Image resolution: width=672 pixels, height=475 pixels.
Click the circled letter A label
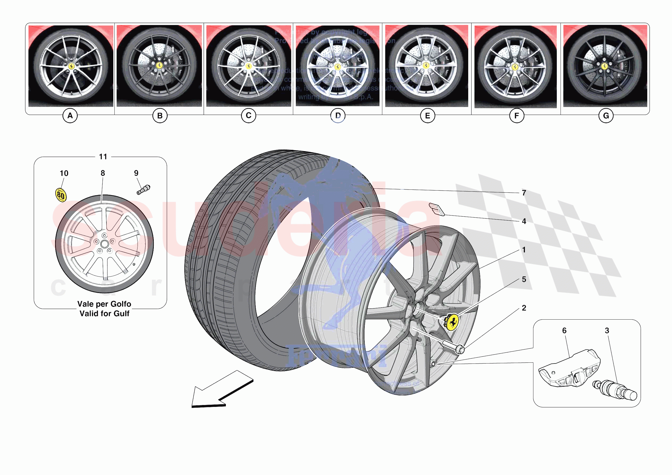pos(70,116)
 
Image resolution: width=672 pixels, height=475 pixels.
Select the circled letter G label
pos(606,116)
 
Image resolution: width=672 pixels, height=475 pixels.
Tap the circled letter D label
pos(338,116)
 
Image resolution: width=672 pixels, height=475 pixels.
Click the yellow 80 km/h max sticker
pos(61,195)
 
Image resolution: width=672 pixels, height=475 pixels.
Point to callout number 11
pos(103,157)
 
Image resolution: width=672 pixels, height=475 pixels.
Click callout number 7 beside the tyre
pos(524,193)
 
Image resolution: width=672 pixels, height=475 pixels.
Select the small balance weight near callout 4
pos(437,209)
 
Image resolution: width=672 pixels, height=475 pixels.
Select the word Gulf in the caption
pos(122,314)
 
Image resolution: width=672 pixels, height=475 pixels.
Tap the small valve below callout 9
pos(143,189)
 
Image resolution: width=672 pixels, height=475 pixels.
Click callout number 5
pos(524,279)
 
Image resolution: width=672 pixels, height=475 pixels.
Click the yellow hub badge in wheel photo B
pos(159,65)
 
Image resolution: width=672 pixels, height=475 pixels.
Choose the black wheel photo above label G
pos(605,66)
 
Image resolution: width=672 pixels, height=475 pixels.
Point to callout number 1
pos(524,250)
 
